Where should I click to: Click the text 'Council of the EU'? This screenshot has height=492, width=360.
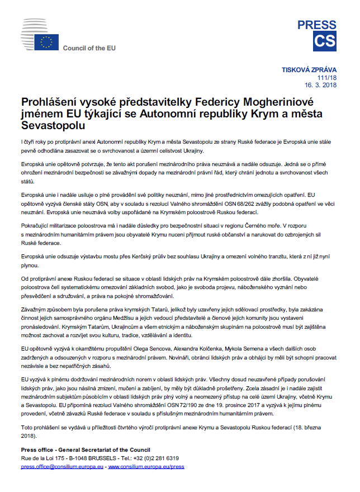tap(89, 49)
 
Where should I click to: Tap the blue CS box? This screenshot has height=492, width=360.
tap(325, 42)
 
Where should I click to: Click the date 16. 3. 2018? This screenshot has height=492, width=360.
tap(320, 85)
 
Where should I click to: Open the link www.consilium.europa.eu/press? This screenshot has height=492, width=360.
tap(146, 466)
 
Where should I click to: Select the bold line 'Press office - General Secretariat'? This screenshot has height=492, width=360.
tap(85, 450)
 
